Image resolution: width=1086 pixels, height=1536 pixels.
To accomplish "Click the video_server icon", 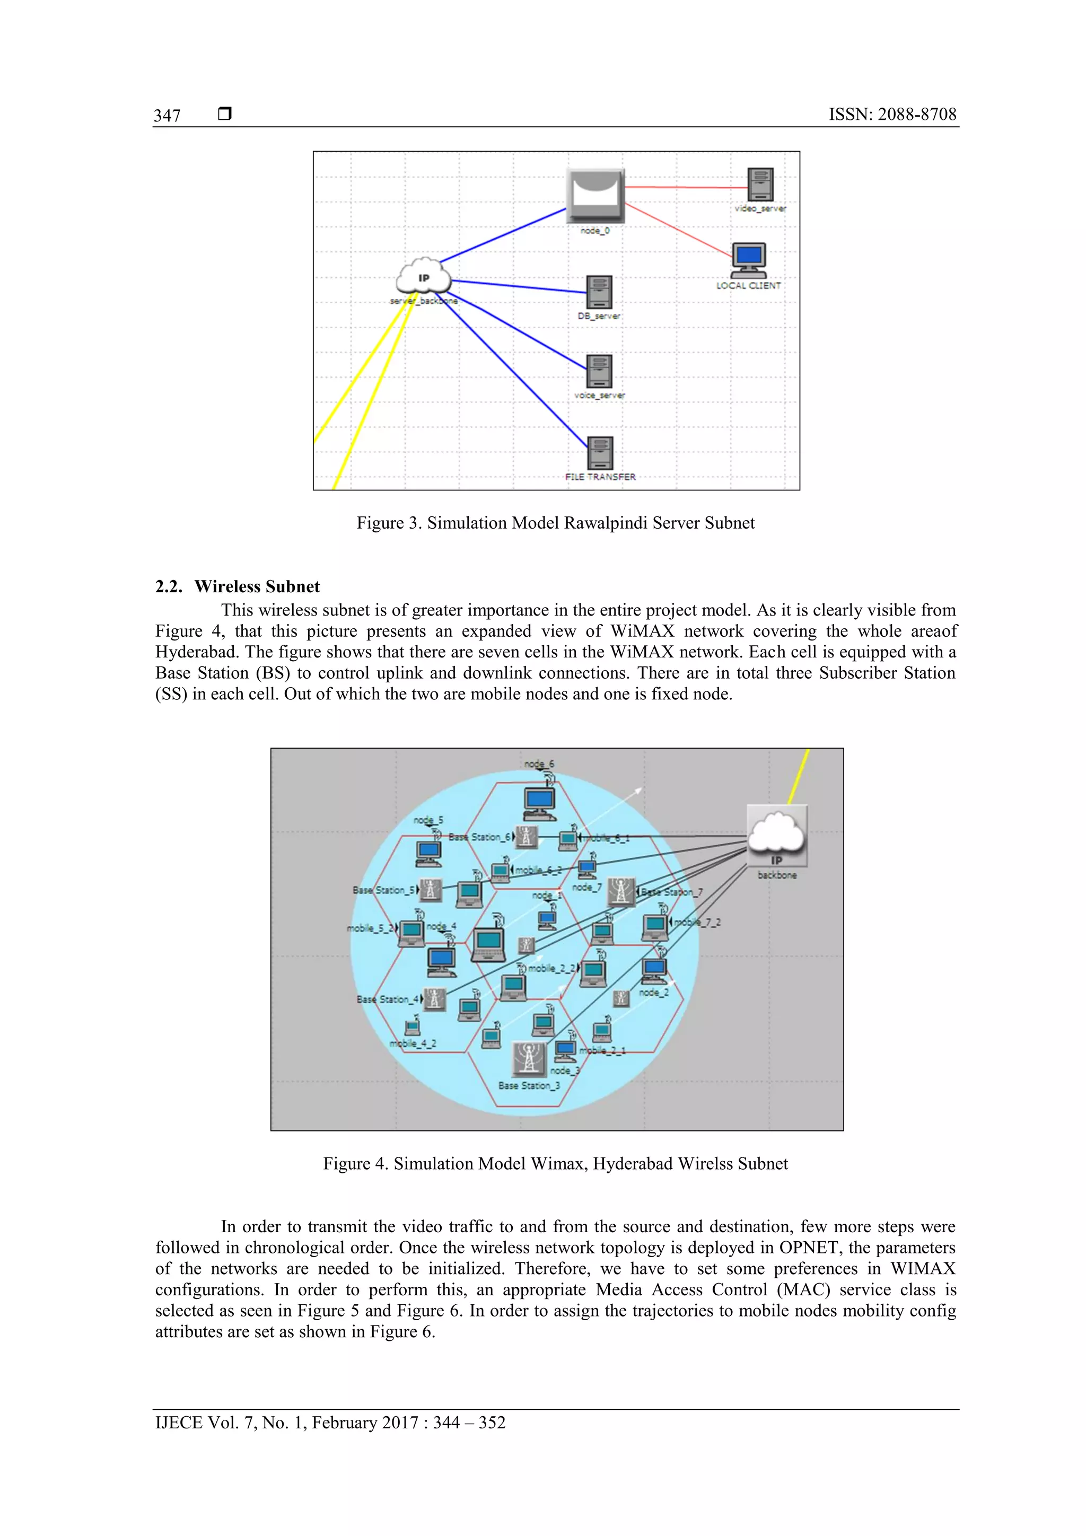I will tap(760, 185).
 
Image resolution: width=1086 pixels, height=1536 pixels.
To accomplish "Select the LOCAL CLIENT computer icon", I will tap(749, 260).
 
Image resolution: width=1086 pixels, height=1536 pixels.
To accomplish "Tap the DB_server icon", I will tap(599, 292).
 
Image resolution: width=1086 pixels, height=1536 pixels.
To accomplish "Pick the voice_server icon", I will tap(599, 371).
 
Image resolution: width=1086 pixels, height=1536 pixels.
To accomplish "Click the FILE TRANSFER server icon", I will tap(600, 453).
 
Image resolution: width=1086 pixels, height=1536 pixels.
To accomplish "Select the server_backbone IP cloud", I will tap(423, 277).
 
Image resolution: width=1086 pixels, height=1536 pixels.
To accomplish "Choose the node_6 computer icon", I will tap(539, 802).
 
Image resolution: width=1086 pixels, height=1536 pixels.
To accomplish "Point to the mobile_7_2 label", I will tap(697, 922).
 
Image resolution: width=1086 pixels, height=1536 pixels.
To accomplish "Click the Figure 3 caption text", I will tap(555, 523).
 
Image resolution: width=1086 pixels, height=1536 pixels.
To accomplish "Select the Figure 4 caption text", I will tap(555, 1164).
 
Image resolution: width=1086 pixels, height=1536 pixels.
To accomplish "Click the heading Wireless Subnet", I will tap(257, 587).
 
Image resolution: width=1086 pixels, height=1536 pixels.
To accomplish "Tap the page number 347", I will tap(167, 116).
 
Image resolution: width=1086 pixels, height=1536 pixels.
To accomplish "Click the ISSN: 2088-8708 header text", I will tap(892, 115).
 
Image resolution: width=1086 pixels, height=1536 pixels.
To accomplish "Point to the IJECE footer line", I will tap(330, 1423).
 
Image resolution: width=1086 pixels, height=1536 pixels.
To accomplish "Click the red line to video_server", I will tap(686, 187).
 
